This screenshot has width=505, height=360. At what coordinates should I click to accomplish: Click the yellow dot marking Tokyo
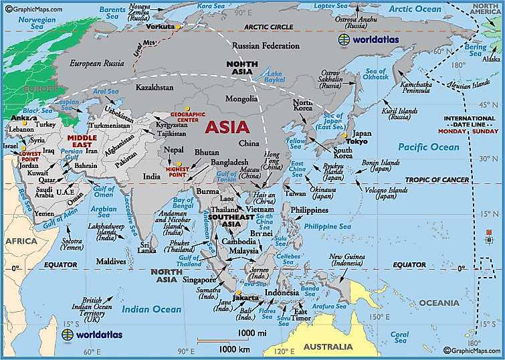(345, 136)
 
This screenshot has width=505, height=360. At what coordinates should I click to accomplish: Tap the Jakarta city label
(248, 297)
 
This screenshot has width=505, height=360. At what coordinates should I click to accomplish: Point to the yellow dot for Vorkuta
(179, 27)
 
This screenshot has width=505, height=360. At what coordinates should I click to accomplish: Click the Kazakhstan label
(155, 88)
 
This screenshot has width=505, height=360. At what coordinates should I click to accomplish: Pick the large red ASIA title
(227, 126)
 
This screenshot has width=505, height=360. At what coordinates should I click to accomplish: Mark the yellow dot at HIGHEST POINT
(179, 163)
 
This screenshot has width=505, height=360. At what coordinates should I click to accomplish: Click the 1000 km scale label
(235, 349)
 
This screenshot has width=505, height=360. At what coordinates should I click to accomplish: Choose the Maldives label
(110, 260)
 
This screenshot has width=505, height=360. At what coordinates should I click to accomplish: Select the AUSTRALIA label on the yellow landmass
(328, 347)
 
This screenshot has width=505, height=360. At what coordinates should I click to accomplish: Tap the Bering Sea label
(476, 51)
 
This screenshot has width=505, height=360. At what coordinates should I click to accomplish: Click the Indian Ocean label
(150, 309)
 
